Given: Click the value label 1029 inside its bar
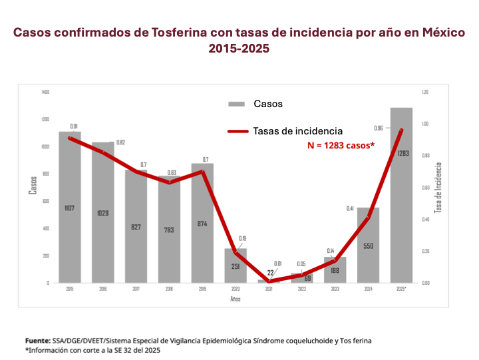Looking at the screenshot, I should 102,213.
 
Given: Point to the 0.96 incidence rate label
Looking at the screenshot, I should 379,128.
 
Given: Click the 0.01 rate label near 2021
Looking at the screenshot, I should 278,264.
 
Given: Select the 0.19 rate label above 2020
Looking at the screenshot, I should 243,238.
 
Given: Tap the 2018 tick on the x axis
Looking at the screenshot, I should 169,289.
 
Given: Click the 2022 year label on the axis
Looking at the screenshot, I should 302,289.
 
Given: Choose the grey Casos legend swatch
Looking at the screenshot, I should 238,104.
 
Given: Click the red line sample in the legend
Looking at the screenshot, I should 238,131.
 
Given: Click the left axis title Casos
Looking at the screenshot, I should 33,184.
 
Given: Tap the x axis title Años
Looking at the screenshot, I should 236,299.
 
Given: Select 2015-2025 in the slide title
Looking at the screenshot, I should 239,49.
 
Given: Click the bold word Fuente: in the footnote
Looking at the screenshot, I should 41,341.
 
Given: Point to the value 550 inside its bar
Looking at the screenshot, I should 368,246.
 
